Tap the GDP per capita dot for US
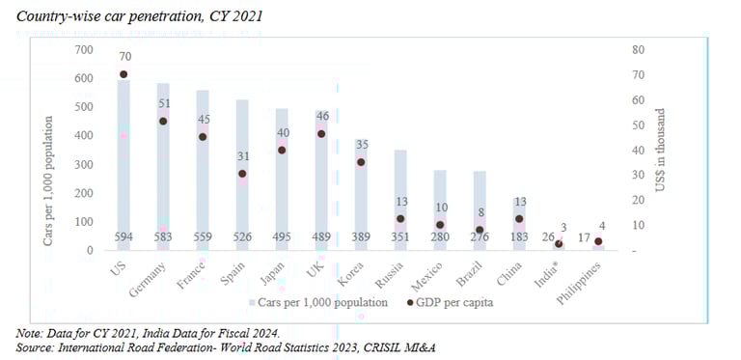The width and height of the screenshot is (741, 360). pyautogui.click(x=123, y=74)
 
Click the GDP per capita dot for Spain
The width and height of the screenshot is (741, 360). pyautogui.click(x=242, y=174)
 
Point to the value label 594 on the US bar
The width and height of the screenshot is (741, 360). pyautogui.click(x=123, y=238)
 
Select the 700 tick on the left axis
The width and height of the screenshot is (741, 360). pyautogui.click(x=85, y=50)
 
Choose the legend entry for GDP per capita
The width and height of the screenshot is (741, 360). pyautogui.click(x=453, y=302)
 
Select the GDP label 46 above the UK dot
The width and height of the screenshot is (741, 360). pyautogui.click(x=321, y=116)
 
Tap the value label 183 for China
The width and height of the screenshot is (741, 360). pyautogui.click(x=519, y=238)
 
